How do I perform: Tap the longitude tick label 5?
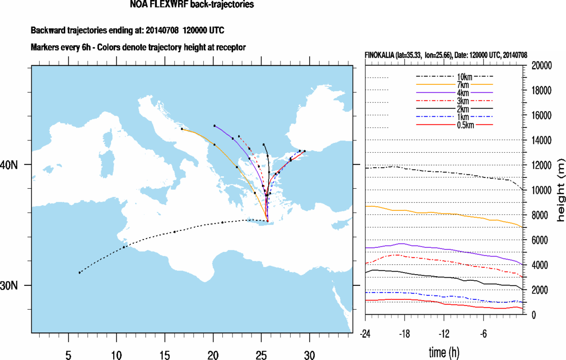pyautogui.click(x=68, y=355)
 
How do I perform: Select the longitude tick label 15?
pyautogui.click(x=165, y=355)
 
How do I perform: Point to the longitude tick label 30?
pyautogui.click(x=309, y=355)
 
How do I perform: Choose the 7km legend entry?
pyautogui.click(x=455, y=84)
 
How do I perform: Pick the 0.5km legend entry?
pyautogui.click(x=455, y=125)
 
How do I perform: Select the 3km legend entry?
pyautogui.click(x=455, y=101)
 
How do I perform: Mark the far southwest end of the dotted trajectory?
pyautogui.click(x=79, y=273)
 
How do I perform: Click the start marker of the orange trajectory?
pyautogui.click(x=182, y=129)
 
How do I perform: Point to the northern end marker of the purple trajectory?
pyautogui.click(x=215, y=125)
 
